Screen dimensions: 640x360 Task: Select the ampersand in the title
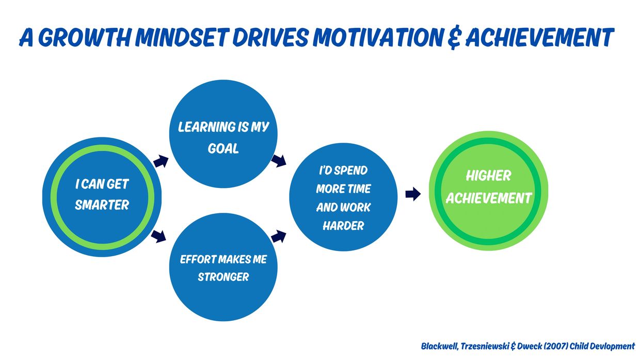(454, 38)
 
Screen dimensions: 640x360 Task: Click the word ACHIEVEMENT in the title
(540, 37)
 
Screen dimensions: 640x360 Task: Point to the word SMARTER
(102, 205)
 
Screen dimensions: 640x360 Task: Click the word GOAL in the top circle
(223, 148)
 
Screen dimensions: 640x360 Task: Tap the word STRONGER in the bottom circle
(223, 277)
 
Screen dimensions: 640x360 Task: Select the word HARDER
(343, 226)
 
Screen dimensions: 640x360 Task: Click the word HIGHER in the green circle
(489, 176)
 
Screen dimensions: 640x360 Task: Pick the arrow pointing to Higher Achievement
(413, 194)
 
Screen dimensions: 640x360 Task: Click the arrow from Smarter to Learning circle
(161, 161)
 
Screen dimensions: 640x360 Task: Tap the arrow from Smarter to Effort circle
(158, 237)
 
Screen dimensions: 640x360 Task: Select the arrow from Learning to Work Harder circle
(279, 161)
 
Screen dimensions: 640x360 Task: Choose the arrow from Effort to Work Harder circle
(279, 237)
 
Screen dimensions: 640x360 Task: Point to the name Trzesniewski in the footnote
(485, 346)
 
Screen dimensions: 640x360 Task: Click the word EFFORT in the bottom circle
(198, 259)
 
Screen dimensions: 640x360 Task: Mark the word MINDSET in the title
(182, 37)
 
